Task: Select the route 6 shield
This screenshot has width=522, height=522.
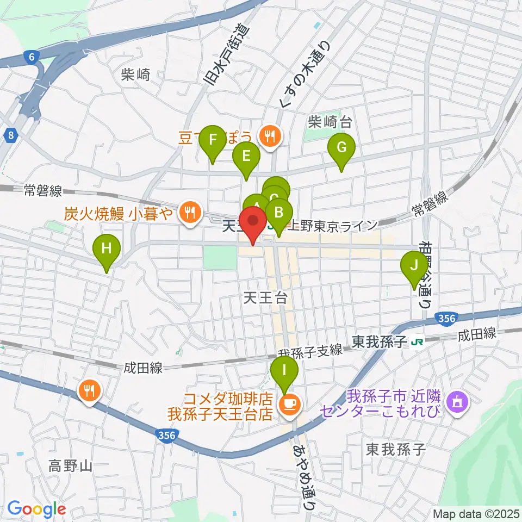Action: coord(31,56)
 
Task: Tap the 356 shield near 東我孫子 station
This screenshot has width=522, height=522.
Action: coord(445,318)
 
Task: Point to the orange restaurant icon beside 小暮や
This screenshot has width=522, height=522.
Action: coord(189,213)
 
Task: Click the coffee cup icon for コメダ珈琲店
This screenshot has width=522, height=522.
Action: coord(288,403)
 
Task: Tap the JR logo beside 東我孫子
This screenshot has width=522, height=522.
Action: coord(418,342)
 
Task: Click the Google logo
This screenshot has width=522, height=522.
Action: coord(36,509)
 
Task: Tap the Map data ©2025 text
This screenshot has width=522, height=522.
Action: coord(476,513)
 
